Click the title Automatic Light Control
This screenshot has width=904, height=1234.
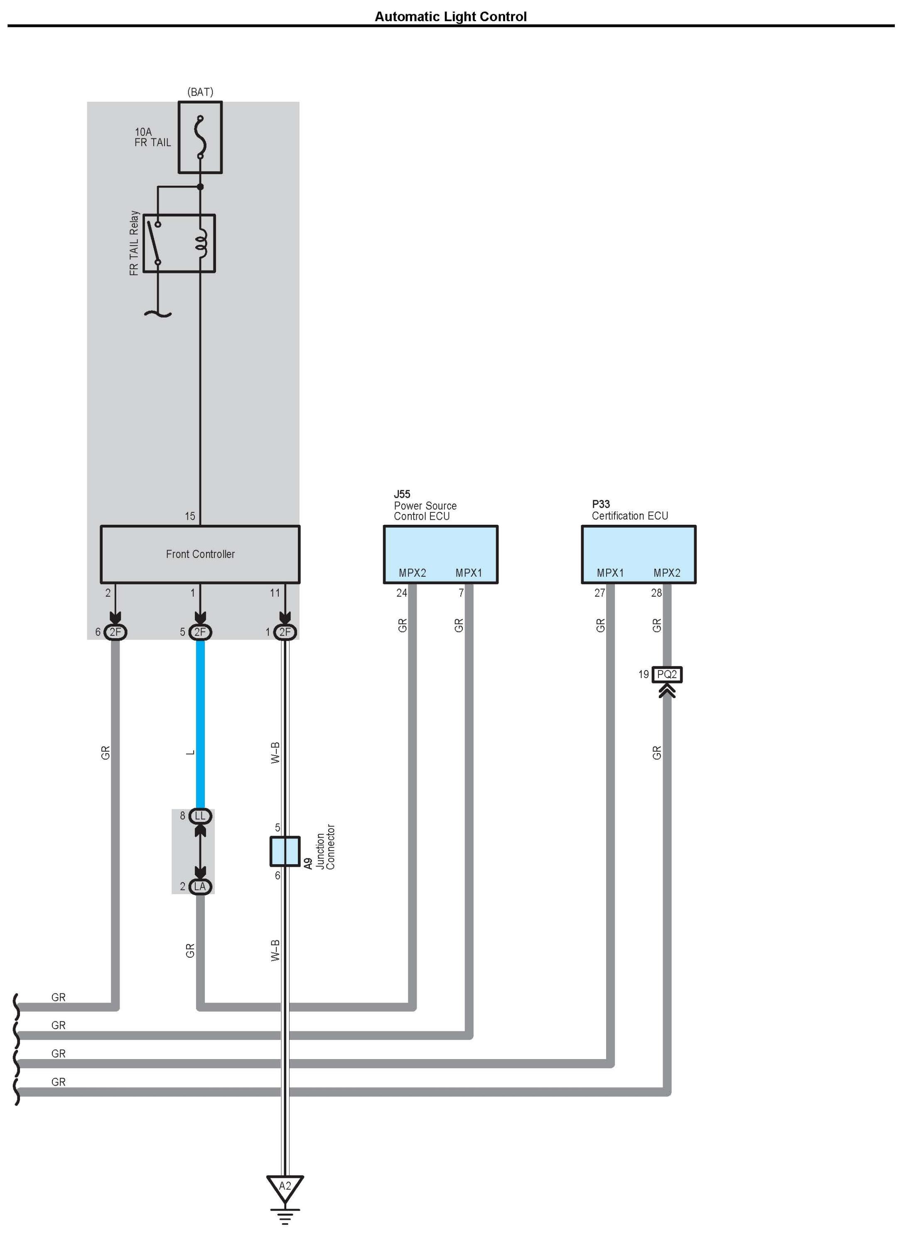click(x=450, y=17)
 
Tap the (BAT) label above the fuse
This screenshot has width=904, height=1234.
click(x=200, y=92)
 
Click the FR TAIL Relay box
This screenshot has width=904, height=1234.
click(x=179, y=243)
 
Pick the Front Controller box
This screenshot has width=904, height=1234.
click(x=200, y=554)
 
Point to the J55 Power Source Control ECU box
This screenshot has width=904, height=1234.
click(x=440, y=554)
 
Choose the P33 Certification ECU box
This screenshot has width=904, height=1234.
click(x=639, y=554)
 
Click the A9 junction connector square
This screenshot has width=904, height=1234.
click(x=285, y=851)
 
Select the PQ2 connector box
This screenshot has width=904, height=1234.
click(x=667, y=674)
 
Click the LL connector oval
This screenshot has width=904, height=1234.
click(x=200, y=816)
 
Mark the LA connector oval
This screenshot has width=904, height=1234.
click(x=200, y=887)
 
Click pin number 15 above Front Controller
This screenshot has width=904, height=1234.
click(x=190, y=516)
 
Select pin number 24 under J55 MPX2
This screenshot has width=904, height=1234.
click(x=402, y=592)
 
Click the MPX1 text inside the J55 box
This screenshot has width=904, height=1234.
click(x=469, y=573)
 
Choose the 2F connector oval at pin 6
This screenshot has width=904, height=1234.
click(x=115, y=632)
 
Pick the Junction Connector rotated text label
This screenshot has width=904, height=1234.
click(x=326, y=848)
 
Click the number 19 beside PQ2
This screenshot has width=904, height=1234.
click(x=644, y=674)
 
